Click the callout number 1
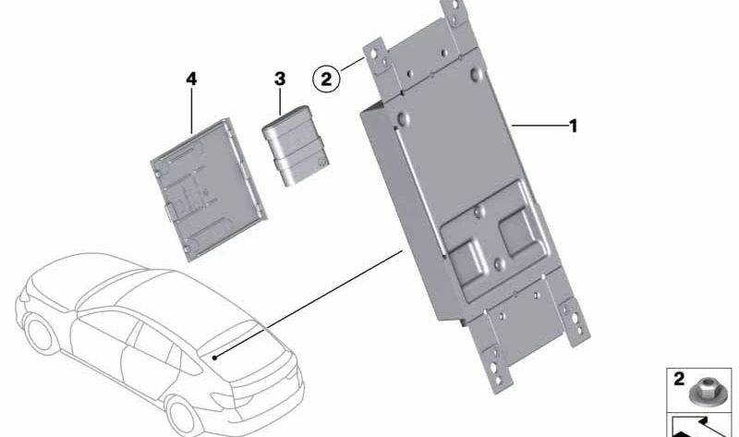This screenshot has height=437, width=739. [x=573, y=126]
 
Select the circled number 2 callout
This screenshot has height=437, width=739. [x=325, y=79]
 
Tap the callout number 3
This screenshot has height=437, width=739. [x=280, y=79]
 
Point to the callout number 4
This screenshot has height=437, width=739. [x=191, y=79]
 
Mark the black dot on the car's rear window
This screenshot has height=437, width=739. [x=213, y=357]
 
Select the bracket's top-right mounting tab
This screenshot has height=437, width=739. [x=454, y=14]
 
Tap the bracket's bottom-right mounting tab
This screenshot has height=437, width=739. [x=578, y=320]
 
